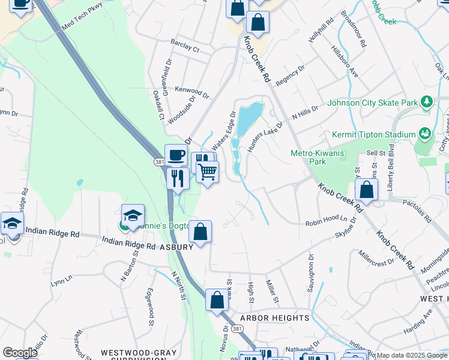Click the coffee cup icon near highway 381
176,155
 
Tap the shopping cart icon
208,172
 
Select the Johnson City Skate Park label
372,103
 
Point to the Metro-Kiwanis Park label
316,157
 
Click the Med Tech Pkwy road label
83,16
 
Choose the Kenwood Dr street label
191,92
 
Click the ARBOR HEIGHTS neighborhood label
274,317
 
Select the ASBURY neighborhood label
176,247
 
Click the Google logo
20,353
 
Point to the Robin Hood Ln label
326,221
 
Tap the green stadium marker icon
425,133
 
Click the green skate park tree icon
427,102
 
